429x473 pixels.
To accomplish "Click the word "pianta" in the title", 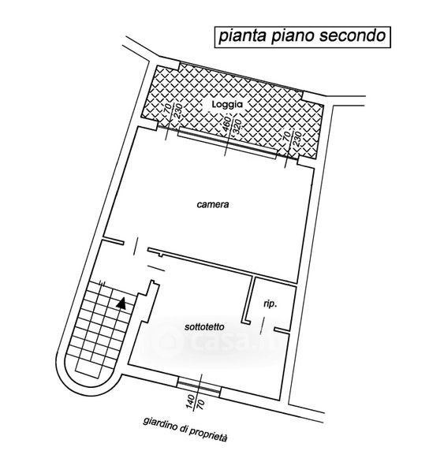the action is [x=242, y=36].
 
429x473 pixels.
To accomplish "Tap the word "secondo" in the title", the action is [x=352, y=35].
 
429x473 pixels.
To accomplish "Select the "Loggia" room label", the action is [x=227, y=104].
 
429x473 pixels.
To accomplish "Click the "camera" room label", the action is [x=213, y=204].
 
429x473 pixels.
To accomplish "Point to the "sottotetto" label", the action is [x=204, y=326].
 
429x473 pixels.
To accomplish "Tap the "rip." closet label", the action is [x=270, y=304].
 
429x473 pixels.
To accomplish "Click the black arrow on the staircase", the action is [x=121, y=304].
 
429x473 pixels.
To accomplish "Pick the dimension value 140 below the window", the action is [x=190, y=402].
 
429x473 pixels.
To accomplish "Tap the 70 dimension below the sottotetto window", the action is [x=200, y=404].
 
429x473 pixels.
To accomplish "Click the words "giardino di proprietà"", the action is [x=185, y=429].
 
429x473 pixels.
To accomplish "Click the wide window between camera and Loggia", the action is [x=227, y=143].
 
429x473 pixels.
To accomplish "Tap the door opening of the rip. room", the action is [x=262, y=326].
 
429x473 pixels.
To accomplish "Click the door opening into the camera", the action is [x=136, y=247].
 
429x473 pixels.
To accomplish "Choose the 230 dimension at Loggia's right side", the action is [x=297, y=139].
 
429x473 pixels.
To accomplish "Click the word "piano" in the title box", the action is [x=292, y=36].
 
